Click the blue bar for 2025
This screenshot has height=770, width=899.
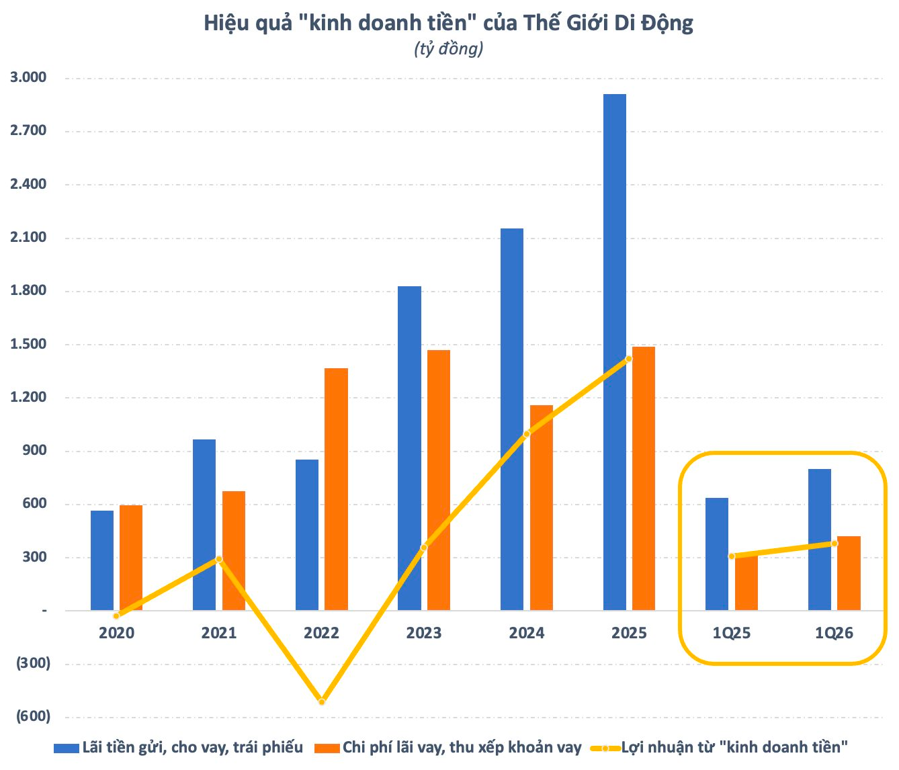[x=614, y=352]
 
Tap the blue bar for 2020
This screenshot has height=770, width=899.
[x=102, y=560]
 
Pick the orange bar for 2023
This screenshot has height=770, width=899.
[x=439, y=480]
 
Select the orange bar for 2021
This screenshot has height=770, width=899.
[x=234, y=550]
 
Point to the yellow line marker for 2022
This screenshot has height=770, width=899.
[x=322, y=701]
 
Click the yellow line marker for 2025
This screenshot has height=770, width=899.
[x=628, y=359]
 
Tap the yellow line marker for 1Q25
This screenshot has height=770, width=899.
[x=731, y=556]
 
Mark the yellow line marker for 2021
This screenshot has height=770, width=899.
[x=219, y=559]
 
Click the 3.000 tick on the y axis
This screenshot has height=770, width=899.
[x=28, y=77]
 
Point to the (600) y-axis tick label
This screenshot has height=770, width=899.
[x=33, y=716]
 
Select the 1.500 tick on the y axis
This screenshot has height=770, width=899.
[x=28, y=344]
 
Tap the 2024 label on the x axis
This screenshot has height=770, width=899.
[x=526, y=633]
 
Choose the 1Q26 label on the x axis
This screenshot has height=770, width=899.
[x=834, y=633]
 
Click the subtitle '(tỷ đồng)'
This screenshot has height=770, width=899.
[x=449, y=48]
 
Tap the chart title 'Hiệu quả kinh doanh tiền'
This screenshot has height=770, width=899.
[x=449, y=23]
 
